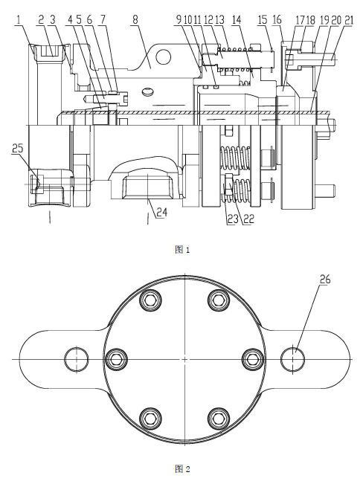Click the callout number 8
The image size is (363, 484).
click(x=135, y=21)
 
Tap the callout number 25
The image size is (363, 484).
click(x=18, y=149)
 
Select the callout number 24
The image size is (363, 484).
click(x=161, y=213)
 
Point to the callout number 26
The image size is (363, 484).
click(x=325, y=280)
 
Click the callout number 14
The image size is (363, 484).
click(x=237, y=20)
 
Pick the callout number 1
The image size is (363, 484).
click(x=19, y=21)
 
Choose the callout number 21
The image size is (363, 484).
click(x=348, y=21)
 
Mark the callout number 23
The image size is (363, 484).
click(x=232, y=219)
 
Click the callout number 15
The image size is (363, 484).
click(x=263, y=20)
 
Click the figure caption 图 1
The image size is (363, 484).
click(x=182, y=250)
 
